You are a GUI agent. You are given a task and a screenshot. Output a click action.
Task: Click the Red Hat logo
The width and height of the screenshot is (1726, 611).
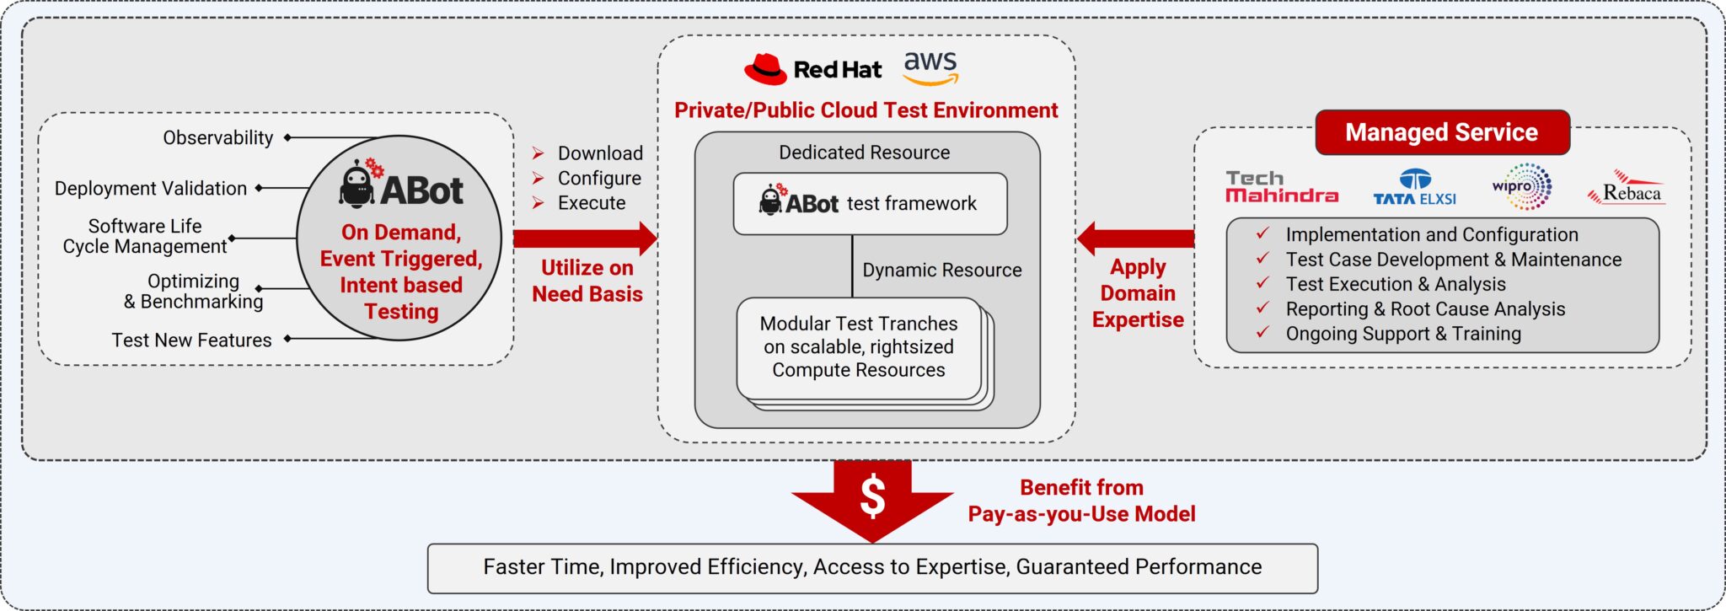tap(812, 69)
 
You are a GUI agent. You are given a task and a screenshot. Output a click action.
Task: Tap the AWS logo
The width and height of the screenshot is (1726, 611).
tap(930, 67)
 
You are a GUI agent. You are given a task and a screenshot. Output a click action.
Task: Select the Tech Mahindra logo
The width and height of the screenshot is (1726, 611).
tap(1281, 187)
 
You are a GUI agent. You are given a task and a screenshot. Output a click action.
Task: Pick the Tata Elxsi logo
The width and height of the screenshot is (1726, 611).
tap(1414, 187)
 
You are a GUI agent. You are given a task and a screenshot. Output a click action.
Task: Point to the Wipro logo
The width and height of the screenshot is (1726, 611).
tap(1521, 186)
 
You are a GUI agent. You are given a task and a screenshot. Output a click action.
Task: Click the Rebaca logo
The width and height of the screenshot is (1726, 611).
tap(1627, 188)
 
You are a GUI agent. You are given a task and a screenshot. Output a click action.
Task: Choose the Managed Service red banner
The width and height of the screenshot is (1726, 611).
tap(1442, 132)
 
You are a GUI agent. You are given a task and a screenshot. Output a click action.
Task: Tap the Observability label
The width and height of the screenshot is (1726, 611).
tap(218, 137)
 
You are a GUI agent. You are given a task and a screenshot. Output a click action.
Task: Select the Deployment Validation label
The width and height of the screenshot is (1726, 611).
tap(151, 188)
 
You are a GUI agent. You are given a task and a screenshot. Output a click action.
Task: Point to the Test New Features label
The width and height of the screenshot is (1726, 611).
tap(192, 340)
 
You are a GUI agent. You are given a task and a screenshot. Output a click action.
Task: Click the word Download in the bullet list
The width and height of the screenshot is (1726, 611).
tap(600, 153)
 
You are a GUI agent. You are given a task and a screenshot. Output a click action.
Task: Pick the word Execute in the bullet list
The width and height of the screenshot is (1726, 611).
tap(592, 203)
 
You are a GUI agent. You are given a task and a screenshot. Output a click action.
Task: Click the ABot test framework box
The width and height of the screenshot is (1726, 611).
tap(870, 204)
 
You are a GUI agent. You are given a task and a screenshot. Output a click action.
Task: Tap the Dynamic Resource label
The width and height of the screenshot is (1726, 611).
tap(942, 270)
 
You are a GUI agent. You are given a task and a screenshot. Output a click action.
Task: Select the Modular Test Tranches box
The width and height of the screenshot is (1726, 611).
tap(859, 348)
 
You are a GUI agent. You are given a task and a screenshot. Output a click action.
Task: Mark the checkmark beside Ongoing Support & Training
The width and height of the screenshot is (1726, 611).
tap(1262, 332)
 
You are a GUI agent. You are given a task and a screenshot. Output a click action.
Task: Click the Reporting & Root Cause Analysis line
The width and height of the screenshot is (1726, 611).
tap(1425, 309)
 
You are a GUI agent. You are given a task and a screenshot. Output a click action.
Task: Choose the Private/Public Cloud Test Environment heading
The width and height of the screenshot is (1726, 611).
tap(866, 110)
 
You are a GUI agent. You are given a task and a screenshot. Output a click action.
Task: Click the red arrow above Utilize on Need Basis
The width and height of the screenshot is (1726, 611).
tap(585, 239)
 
